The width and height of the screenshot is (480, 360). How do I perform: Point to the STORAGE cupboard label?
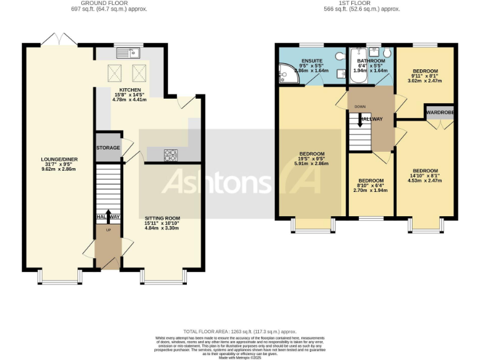108,148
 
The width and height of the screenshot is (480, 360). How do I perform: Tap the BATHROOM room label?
371,61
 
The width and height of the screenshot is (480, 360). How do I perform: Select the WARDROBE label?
440,112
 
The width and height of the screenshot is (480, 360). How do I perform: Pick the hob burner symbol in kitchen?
171,154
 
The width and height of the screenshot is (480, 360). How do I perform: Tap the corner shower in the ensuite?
286,75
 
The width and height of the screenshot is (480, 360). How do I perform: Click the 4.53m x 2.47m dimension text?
425,181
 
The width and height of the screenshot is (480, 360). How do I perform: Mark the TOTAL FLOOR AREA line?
240,331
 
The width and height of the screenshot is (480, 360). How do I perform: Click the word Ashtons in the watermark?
216,181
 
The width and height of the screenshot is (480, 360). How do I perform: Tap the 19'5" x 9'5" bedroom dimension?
311,159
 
